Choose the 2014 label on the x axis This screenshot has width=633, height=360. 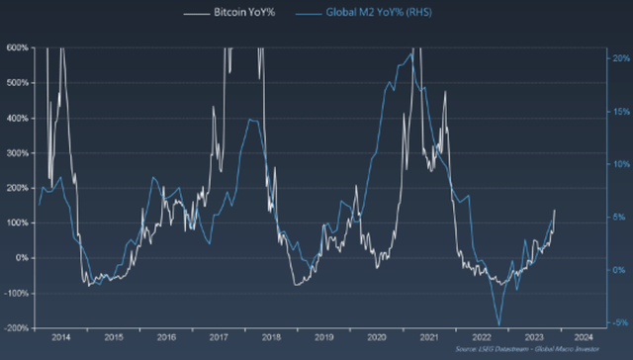(60, 337)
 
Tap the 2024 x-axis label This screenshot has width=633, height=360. (584, 337)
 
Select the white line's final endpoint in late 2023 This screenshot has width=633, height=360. (555, 210)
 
